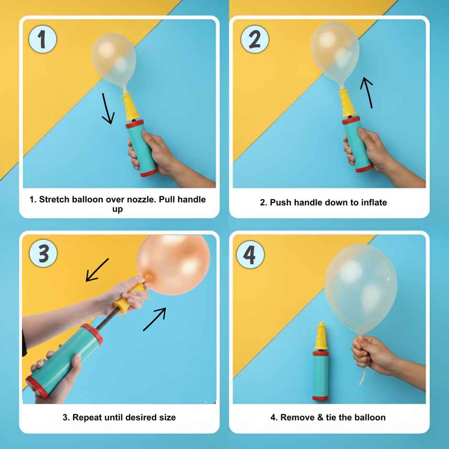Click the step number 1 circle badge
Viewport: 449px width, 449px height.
[x=42, y=39]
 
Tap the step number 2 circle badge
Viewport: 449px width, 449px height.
[x=255, y=39]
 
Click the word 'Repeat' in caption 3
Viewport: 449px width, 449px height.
[x=86, y=417]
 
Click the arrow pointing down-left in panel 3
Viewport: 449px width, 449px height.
[x=97, y=270]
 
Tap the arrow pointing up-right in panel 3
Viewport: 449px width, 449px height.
[x=155, y=319]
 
